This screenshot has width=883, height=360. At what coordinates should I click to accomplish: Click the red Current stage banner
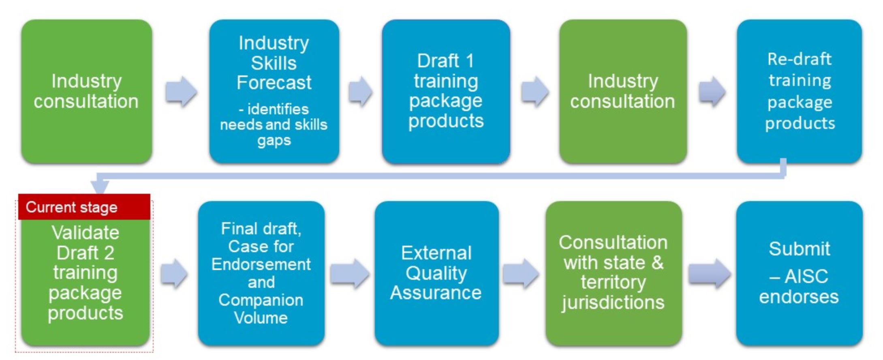pos(84,207)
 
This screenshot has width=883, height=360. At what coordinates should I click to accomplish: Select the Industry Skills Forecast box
pos(274,92)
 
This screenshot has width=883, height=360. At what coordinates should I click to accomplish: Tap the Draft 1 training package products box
pos(446,92)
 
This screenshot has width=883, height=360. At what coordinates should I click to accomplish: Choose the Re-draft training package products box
pos(800,92)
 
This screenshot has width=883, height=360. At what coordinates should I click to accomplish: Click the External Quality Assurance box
pos(436,273)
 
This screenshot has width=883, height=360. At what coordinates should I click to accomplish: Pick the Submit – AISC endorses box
pos(799,273)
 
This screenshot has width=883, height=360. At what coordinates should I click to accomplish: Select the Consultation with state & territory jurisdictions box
pos(614,273)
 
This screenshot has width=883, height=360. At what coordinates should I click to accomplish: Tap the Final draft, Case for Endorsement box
pos(261,273)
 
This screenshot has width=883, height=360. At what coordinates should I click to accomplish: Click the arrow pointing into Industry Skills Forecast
pos(181,91)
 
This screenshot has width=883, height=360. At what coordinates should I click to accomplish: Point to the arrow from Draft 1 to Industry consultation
pos(535,91)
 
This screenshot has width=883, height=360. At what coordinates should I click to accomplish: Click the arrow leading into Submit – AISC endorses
pos(710,273)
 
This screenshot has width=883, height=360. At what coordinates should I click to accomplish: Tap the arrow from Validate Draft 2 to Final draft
pos(174,273)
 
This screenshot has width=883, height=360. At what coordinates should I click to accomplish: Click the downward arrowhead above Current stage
pos(100,187)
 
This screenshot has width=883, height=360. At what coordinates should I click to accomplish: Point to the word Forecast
pos(274,83)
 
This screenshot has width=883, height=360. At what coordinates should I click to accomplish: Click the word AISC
pos(806,277)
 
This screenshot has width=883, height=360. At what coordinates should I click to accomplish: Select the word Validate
pos(86,233)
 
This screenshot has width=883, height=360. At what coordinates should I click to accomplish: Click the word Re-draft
pos(800,59)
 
